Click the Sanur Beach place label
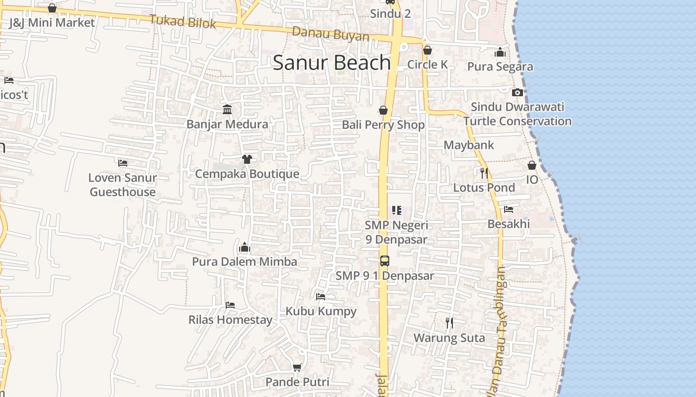tap(332, 63)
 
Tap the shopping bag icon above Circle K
tap(427, 50)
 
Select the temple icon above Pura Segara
tap(500, 52)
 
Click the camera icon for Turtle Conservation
tap(518, 92)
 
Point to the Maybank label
tap(469, 145)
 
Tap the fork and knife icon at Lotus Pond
tap(484, 173)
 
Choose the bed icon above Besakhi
tap(509, 209)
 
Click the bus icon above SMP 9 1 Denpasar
tap(384, 261)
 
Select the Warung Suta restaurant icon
tap(449, 323)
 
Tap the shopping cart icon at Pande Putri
tap(297, 367)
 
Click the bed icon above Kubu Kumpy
tap(321, 297)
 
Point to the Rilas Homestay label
tap(230, 320)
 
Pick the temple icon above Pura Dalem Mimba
tap(244, 247)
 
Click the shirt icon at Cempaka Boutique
tap(247, 159)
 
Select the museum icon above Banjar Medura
tap(227, 109)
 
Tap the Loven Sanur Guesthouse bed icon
tap(123, 162)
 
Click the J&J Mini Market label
tap(52, 22)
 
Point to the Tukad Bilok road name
tap(183, 21)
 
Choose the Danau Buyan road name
tap(331, 34)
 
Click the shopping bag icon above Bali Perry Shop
tap(383, 110)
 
